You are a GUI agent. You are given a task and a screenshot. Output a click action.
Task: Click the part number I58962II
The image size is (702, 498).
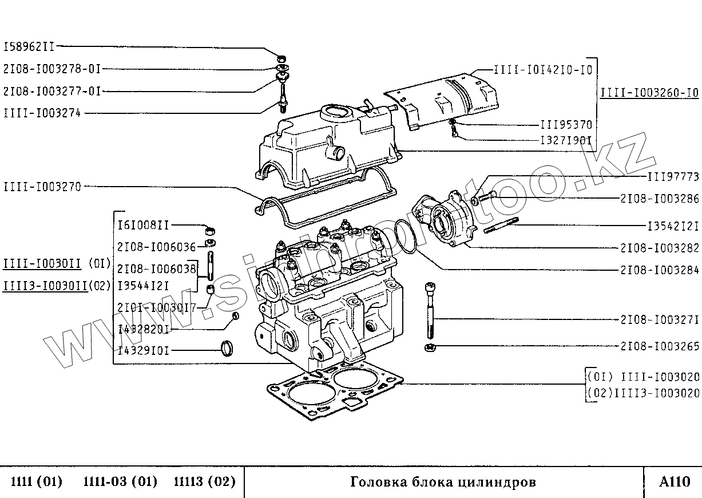click(x=30, y=46)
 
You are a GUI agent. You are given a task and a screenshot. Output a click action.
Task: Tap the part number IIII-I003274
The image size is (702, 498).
click(x=42, y=113)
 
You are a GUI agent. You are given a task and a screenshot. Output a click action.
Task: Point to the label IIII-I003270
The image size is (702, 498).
click(x=42, y=187)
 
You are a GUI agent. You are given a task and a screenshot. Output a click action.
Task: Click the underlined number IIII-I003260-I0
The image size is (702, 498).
click(x=649, y=94)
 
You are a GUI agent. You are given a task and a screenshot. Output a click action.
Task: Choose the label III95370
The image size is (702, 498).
click(x=566, y=125)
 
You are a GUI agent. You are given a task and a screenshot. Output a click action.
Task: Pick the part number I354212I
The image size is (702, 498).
click(x=673, y=226)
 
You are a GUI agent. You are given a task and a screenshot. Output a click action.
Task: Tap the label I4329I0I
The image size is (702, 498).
click(x=144, y=350)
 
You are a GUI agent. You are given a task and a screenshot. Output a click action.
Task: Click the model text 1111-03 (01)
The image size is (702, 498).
click(x=120, y=482)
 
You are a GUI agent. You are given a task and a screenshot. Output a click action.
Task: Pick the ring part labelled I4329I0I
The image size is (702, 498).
click(x=228, y=348)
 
